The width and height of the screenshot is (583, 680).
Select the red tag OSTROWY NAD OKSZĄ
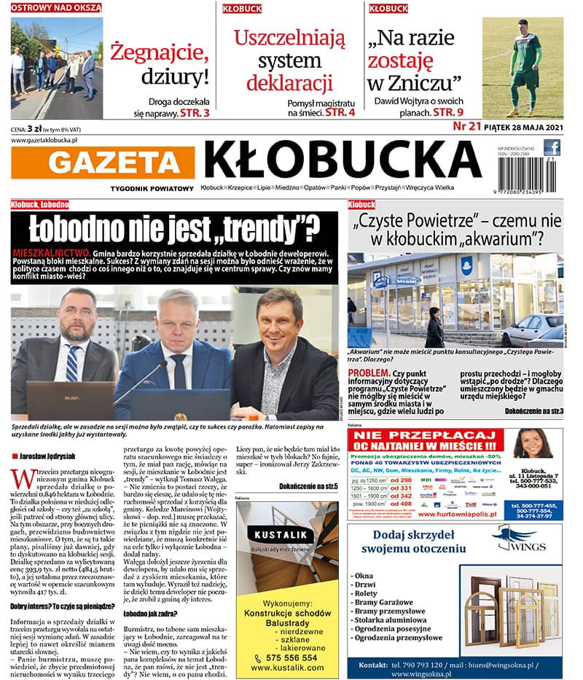[x=56, y=8]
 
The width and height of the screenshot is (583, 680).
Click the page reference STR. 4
[x=340, y=113]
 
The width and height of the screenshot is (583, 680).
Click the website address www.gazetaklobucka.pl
[x=45, y=140]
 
